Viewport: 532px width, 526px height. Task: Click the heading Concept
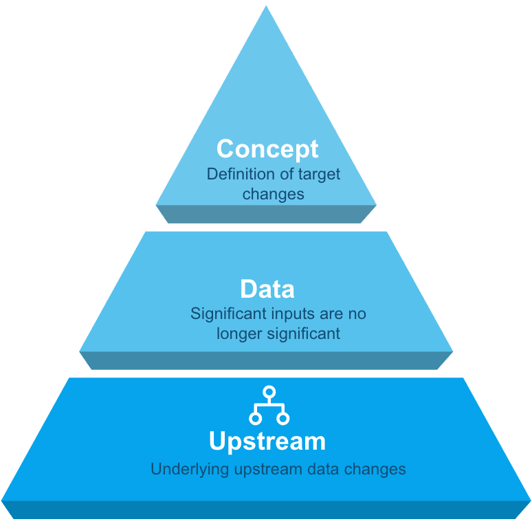[x=267, y=149]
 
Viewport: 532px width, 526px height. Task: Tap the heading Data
[x=267, y=289]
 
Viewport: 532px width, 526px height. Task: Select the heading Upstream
[x=267, y=441]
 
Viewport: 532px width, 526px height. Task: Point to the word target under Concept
[x=319, y=174]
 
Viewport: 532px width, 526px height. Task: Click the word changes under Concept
[x=273, y=195]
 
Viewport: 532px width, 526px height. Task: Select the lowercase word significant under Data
[x=303, y=335]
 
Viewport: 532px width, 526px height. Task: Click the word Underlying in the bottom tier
[x=182, y=470]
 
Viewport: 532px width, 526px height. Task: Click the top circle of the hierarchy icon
[x=269, y=392]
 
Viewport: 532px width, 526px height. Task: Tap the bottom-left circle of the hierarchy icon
[x=256, y=418]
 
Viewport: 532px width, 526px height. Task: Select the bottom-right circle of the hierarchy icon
[x=283, y=418]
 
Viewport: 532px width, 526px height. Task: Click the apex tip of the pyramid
[x=266, y=8]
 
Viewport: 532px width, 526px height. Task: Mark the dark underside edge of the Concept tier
[x=266, y=214]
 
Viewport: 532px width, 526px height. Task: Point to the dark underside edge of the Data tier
[x=266, y=361]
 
